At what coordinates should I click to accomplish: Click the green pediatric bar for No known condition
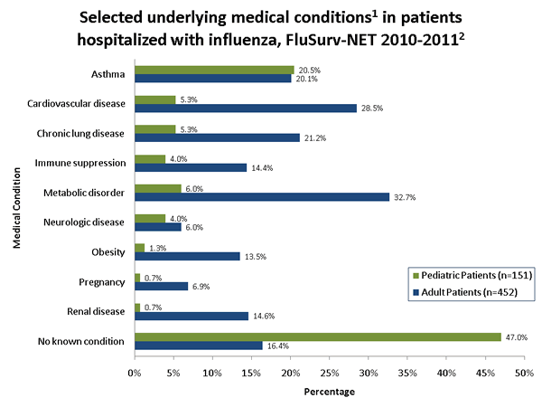click(317, 336)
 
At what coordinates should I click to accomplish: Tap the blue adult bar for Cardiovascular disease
click(246, 108)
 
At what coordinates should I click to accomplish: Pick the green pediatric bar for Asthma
click(214, 70)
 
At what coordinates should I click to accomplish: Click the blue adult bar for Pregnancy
click(161, 286)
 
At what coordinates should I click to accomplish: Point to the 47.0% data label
click(517, 336)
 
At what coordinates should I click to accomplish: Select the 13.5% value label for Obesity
click(255, 256)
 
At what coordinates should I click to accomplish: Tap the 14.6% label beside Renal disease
click(263, 316)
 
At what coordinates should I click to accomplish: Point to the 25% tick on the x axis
click(329, 371)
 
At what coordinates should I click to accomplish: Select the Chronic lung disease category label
click(83, 132)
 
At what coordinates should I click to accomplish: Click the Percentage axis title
click(329, 392)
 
